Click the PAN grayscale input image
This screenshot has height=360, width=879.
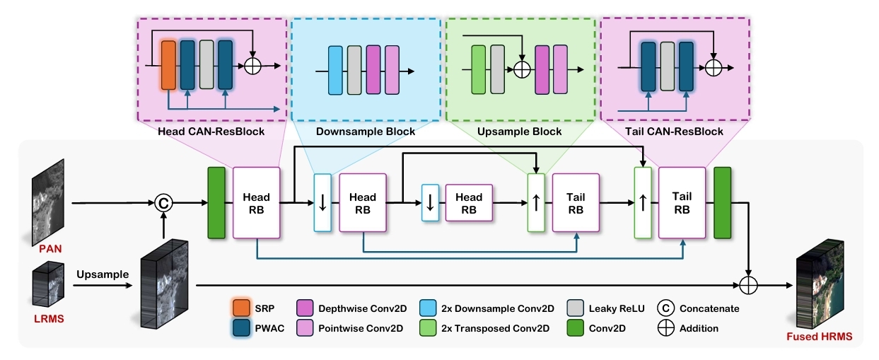(x=47, y=201)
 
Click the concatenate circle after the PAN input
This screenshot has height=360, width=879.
(x=164, y=203)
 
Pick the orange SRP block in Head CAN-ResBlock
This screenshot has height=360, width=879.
(x=168, y=65)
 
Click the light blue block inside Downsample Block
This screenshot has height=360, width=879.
(x=335, y=69)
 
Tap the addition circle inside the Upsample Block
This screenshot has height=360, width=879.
(x=522, y=69)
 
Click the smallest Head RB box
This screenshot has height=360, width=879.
(x=468, y=203)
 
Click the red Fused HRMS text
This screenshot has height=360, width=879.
(x=820, y=337)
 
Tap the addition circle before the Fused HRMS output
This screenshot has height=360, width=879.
(x=747, y=285)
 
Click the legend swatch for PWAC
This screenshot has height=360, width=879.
(x=241, y=328)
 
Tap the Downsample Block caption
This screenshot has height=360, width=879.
(x=366, y=132)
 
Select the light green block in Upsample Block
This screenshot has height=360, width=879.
(x=478, y=69)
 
